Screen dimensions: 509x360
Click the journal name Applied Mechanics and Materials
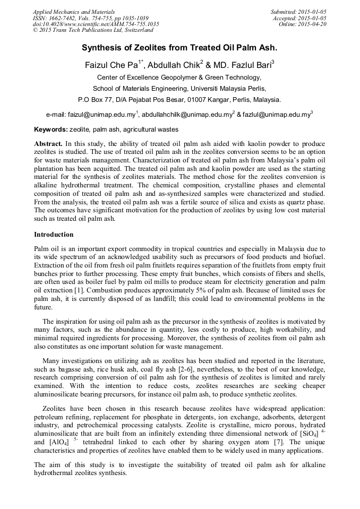coord(73,11)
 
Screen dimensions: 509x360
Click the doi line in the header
coord(96,24)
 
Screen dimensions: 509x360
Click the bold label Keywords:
coord(51,130)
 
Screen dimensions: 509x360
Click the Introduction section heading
coord(54,234)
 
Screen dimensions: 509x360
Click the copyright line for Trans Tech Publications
coord(93,30)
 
